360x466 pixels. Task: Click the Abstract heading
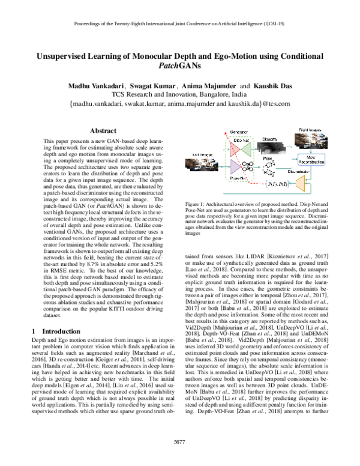(102, 130)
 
